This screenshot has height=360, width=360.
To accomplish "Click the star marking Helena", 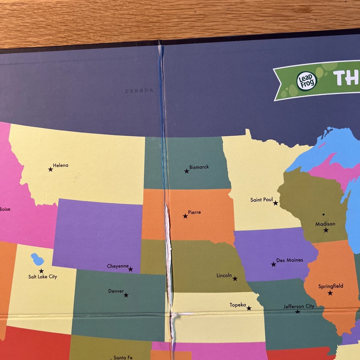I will point(51,169).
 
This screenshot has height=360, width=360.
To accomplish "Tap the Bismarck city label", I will point(199,167).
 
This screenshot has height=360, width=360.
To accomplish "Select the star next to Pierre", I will point(185,216).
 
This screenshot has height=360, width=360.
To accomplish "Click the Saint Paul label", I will point(261,200).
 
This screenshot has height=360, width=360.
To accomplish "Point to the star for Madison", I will point(326,230).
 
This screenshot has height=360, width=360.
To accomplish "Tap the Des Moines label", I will point(289,260).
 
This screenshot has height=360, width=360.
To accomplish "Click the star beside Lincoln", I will point(235,279).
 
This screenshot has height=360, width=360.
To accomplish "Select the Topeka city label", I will point(238,305).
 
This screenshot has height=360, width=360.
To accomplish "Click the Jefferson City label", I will point(299,306).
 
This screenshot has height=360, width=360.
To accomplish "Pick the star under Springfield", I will point(330,293).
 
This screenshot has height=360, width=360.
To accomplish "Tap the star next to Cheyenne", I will point(130,269).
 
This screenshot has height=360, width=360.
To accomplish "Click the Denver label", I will point(116,291).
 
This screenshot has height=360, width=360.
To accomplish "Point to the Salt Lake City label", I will point(43,277).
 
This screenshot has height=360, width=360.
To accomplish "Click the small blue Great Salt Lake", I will point(37,259).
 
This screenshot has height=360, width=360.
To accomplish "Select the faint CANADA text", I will point(139,91).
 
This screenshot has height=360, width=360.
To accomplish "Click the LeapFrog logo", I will point(307,81).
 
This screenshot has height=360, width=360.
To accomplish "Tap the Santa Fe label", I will point(123,357).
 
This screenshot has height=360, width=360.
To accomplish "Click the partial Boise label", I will point(5,209).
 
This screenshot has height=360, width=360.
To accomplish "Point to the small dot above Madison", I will point(323,214).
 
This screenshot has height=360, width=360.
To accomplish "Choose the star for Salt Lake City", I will point(41,271).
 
